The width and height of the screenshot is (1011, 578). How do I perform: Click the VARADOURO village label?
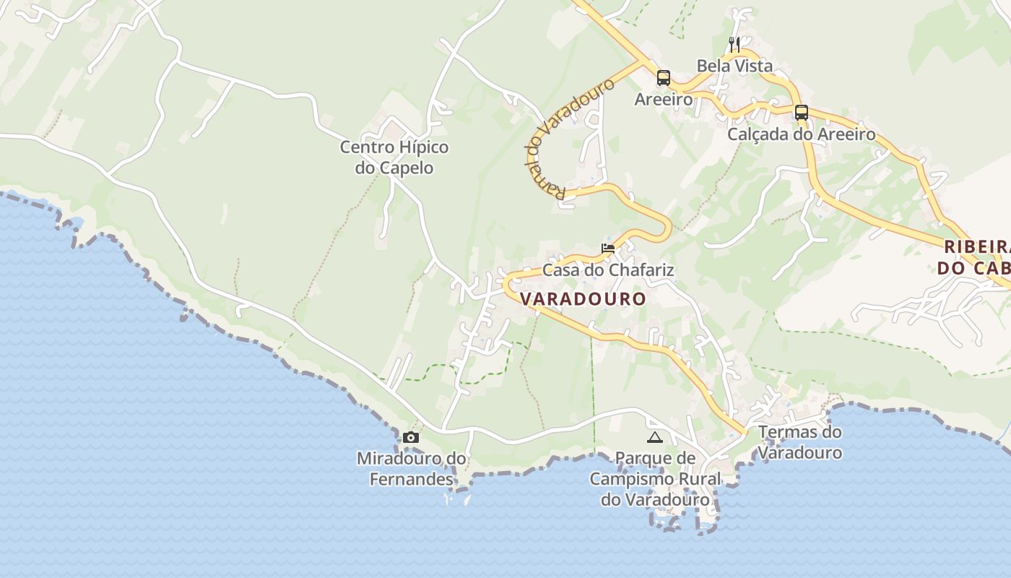583,298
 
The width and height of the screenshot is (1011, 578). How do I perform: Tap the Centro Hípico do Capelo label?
394,158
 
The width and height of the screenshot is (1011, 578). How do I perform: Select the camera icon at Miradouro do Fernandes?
411,437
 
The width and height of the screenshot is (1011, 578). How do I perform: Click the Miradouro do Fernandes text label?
412,468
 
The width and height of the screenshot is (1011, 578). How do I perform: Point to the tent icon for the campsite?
654,437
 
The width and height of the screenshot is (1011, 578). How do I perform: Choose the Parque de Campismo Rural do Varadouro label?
655,478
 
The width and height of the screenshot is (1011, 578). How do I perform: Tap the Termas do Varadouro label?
800,442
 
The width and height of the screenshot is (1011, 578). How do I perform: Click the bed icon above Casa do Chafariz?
608,248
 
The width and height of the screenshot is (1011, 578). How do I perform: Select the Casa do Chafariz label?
608,270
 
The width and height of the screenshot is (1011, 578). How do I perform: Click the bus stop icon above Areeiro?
663,77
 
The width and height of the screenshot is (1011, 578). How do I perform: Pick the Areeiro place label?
663,99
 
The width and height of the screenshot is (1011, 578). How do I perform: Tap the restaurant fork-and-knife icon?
734,44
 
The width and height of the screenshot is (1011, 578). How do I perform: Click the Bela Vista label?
734,66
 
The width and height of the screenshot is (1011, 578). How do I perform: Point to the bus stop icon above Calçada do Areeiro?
801,112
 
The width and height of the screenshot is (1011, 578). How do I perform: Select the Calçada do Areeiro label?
801,134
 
